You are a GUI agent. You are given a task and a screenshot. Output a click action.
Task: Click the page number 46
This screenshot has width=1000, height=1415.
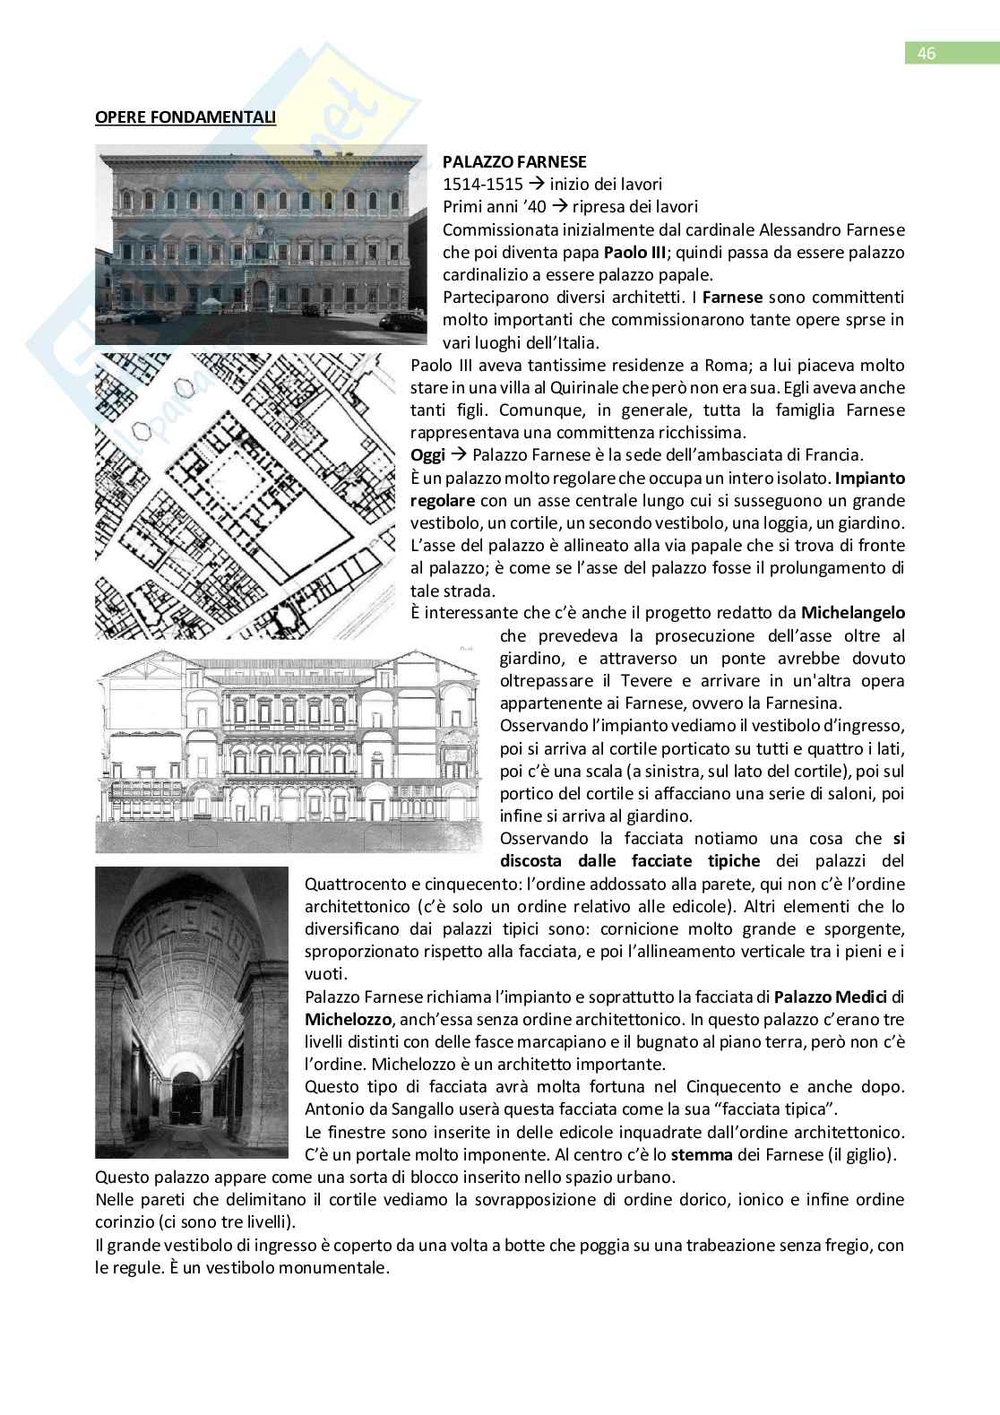pos(927,54)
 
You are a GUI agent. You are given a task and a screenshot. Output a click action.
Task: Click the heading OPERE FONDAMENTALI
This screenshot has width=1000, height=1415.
pos(185,116)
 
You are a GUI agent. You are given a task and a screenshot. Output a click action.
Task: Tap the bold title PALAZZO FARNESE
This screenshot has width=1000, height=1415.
pos(514,162)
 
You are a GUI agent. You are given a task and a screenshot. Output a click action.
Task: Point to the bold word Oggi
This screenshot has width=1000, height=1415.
pos(427,455)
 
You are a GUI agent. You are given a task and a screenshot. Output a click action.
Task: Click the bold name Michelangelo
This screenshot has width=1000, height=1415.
pos(852,613)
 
